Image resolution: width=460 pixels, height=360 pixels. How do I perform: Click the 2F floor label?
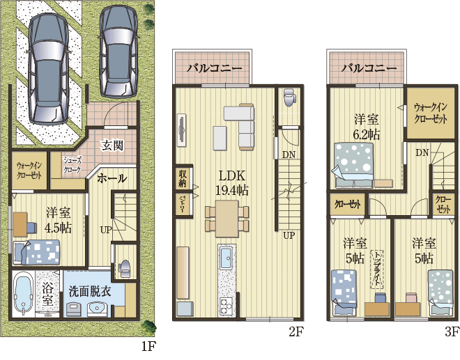point(296,332)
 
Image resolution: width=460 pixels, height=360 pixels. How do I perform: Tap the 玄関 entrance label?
point(112,145)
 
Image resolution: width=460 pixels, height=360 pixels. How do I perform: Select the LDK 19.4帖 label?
point(232,183)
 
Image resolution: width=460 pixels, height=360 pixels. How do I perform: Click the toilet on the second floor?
point(289,98)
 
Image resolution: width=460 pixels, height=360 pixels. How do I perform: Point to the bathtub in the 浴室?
point(24,294)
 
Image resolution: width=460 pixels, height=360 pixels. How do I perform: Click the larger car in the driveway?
point(48,68)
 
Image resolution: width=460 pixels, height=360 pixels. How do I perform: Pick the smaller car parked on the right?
point(118,52)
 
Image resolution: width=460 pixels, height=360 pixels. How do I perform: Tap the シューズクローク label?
point(72,165)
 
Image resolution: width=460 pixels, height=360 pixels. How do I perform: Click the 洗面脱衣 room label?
point(90,292)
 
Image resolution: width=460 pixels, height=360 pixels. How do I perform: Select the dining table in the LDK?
point(227,219)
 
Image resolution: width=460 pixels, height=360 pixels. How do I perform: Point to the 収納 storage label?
point(183,178)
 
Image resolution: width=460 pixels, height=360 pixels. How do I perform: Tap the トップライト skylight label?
point(377,269)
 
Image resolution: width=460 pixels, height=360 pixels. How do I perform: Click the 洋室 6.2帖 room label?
point(367,127)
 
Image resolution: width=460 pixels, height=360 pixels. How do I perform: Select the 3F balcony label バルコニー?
point(369,68)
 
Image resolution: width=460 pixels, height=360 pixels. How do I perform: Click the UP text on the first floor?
point(106,230)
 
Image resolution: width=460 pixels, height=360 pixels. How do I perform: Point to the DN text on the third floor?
point(422,152)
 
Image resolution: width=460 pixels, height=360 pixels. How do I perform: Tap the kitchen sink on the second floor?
point(227,258)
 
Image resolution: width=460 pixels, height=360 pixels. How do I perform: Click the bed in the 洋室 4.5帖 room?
point(37,252)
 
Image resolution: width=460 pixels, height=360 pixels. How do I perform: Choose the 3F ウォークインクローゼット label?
point(430,114)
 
